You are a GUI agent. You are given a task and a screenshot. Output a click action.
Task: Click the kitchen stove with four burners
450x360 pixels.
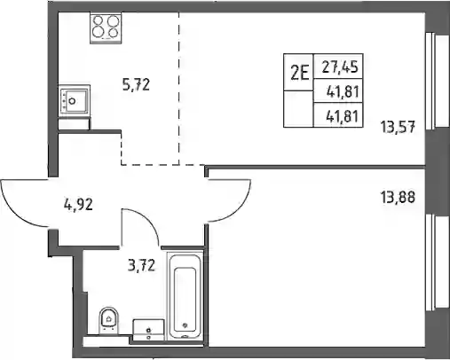point(106,27)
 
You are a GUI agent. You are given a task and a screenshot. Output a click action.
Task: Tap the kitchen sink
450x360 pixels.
point(75,101)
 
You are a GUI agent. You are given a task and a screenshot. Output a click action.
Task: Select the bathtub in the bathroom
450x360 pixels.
point(185,296)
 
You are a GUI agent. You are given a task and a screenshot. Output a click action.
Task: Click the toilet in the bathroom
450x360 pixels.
point(108,321)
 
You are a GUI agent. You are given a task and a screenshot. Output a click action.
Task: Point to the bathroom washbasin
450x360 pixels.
point(148,330)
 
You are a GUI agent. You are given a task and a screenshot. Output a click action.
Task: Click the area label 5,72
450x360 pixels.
point(136,84)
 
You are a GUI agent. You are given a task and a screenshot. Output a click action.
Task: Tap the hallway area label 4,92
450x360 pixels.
point(78,205)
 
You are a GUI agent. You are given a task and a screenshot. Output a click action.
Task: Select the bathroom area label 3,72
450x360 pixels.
point(141,265)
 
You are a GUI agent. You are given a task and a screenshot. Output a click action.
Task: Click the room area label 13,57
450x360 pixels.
point(398,128)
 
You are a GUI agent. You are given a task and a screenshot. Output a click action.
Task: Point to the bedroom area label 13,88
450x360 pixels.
point(398,197)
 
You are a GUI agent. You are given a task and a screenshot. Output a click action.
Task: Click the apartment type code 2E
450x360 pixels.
point(299,73)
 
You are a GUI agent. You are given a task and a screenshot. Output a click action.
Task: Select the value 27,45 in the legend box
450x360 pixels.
point(340,67)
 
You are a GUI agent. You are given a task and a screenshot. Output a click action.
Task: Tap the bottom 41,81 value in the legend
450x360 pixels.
point(343,116)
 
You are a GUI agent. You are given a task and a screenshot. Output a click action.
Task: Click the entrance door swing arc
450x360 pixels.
point(15,212)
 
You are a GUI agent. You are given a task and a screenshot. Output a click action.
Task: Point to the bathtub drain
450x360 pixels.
point(186,325)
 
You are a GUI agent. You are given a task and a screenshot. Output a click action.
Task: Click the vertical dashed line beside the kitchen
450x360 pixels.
point(179,89)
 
